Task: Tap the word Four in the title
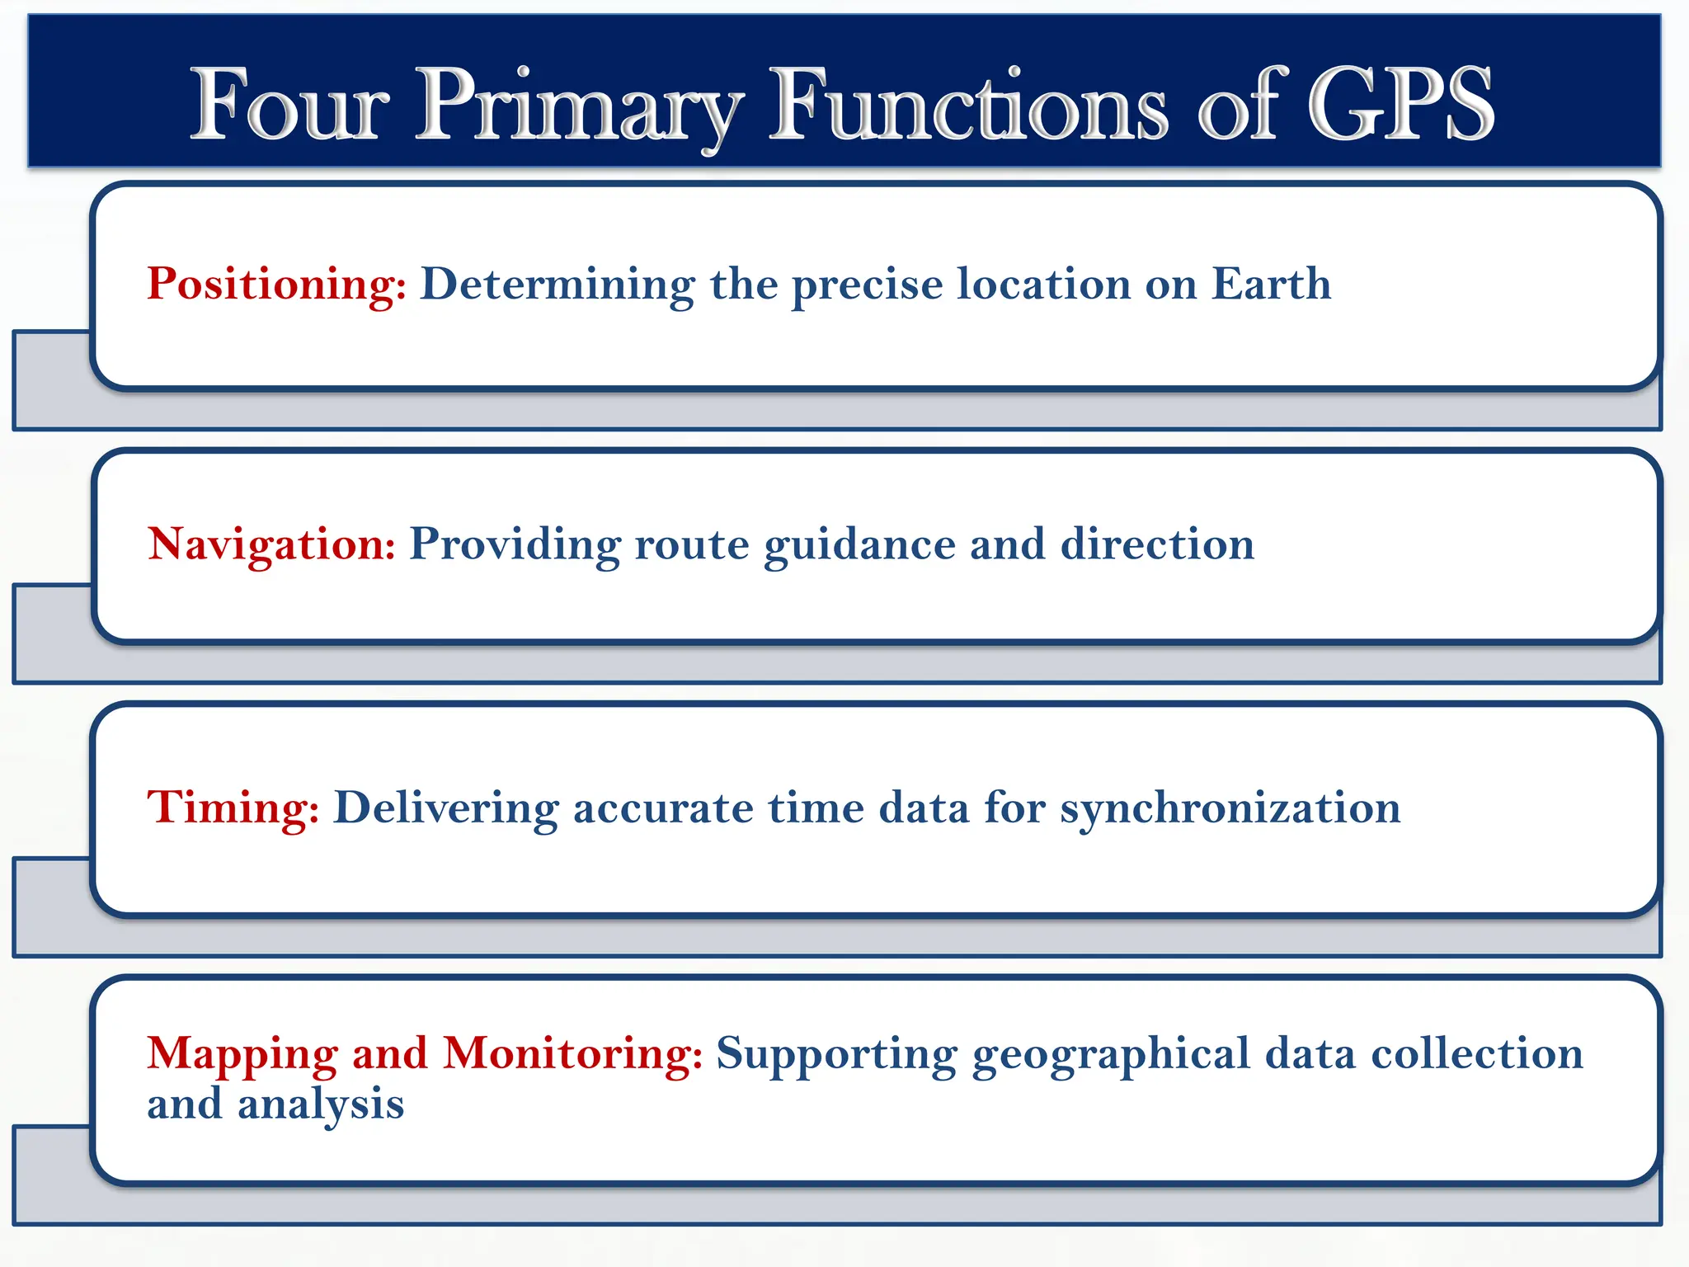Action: coord(289,105)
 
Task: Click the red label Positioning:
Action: coord(276,285)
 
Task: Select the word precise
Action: coord(867,285)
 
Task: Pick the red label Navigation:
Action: coord(271,545)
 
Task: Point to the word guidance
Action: coord(859,545)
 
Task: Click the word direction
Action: coord(1157,544)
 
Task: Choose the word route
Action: coord(691,545)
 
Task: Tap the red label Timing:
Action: coord(233,808)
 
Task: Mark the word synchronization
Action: coord(1230,808)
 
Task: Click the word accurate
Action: coord(663,808)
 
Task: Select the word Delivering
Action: coord(445,808)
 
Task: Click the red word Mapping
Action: coord(242,1055)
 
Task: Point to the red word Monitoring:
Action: coord(572,1053)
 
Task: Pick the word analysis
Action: coord(321,1105)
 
